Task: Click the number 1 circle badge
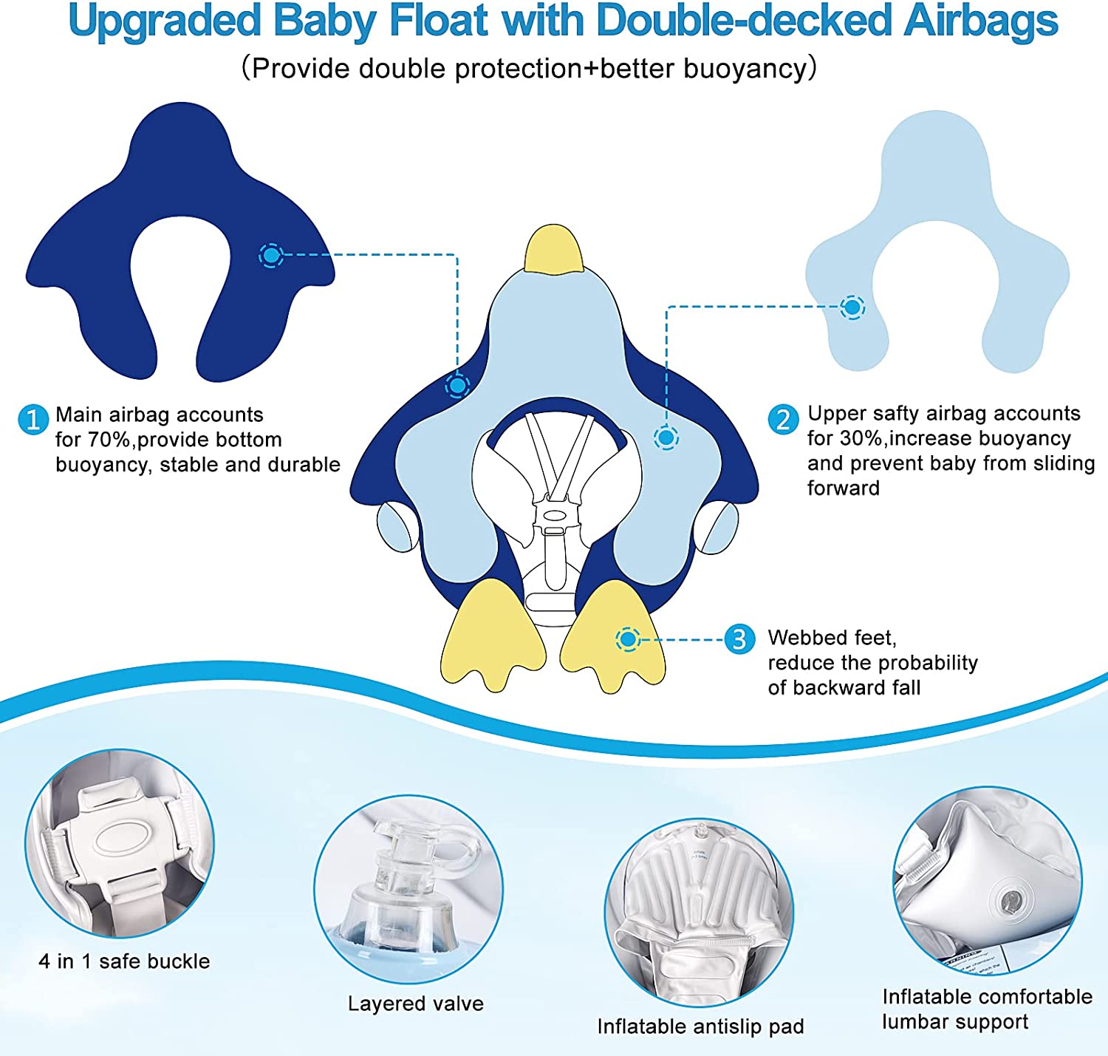coord(33,420)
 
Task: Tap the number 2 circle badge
coord(783,420)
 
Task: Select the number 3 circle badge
coord(739,639)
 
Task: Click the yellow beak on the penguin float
coord(553,249)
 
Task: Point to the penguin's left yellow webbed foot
coord(492,634)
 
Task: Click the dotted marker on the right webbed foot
coord(628,639)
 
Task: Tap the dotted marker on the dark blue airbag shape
coord(271,256)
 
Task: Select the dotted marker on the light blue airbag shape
coord(852,307)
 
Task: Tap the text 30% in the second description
coord(862,439)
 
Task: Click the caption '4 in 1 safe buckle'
coord(124,961)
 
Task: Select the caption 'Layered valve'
coord(415,1004)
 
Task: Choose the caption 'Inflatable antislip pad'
coord(700,1026)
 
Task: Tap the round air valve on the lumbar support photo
coord(1010,900)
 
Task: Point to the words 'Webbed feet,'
coord(832,638)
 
